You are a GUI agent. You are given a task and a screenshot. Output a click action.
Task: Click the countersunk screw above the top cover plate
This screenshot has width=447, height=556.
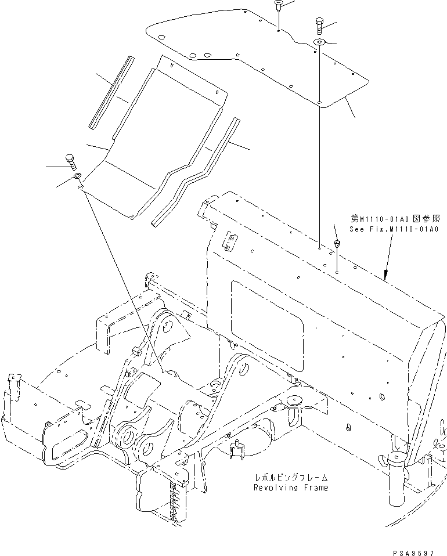278,7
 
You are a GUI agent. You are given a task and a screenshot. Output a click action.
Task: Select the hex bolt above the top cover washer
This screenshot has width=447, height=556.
319,24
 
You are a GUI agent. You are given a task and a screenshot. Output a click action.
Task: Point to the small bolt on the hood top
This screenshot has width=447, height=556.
336,244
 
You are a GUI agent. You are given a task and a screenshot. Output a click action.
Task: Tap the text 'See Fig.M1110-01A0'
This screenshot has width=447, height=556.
398,229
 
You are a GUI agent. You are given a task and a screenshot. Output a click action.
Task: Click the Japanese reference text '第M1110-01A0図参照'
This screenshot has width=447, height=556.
398,219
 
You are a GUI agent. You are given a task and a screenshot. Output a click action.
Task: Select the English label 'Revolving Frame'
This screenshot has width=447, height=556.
290,488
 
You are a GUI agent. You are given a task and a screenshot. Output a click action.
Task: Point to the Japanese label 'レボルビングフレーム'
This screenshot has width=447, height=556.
290,477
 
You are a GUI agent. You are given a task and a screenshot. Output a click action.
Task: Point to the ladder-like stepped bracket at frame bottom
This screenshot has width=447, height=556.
174,499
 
